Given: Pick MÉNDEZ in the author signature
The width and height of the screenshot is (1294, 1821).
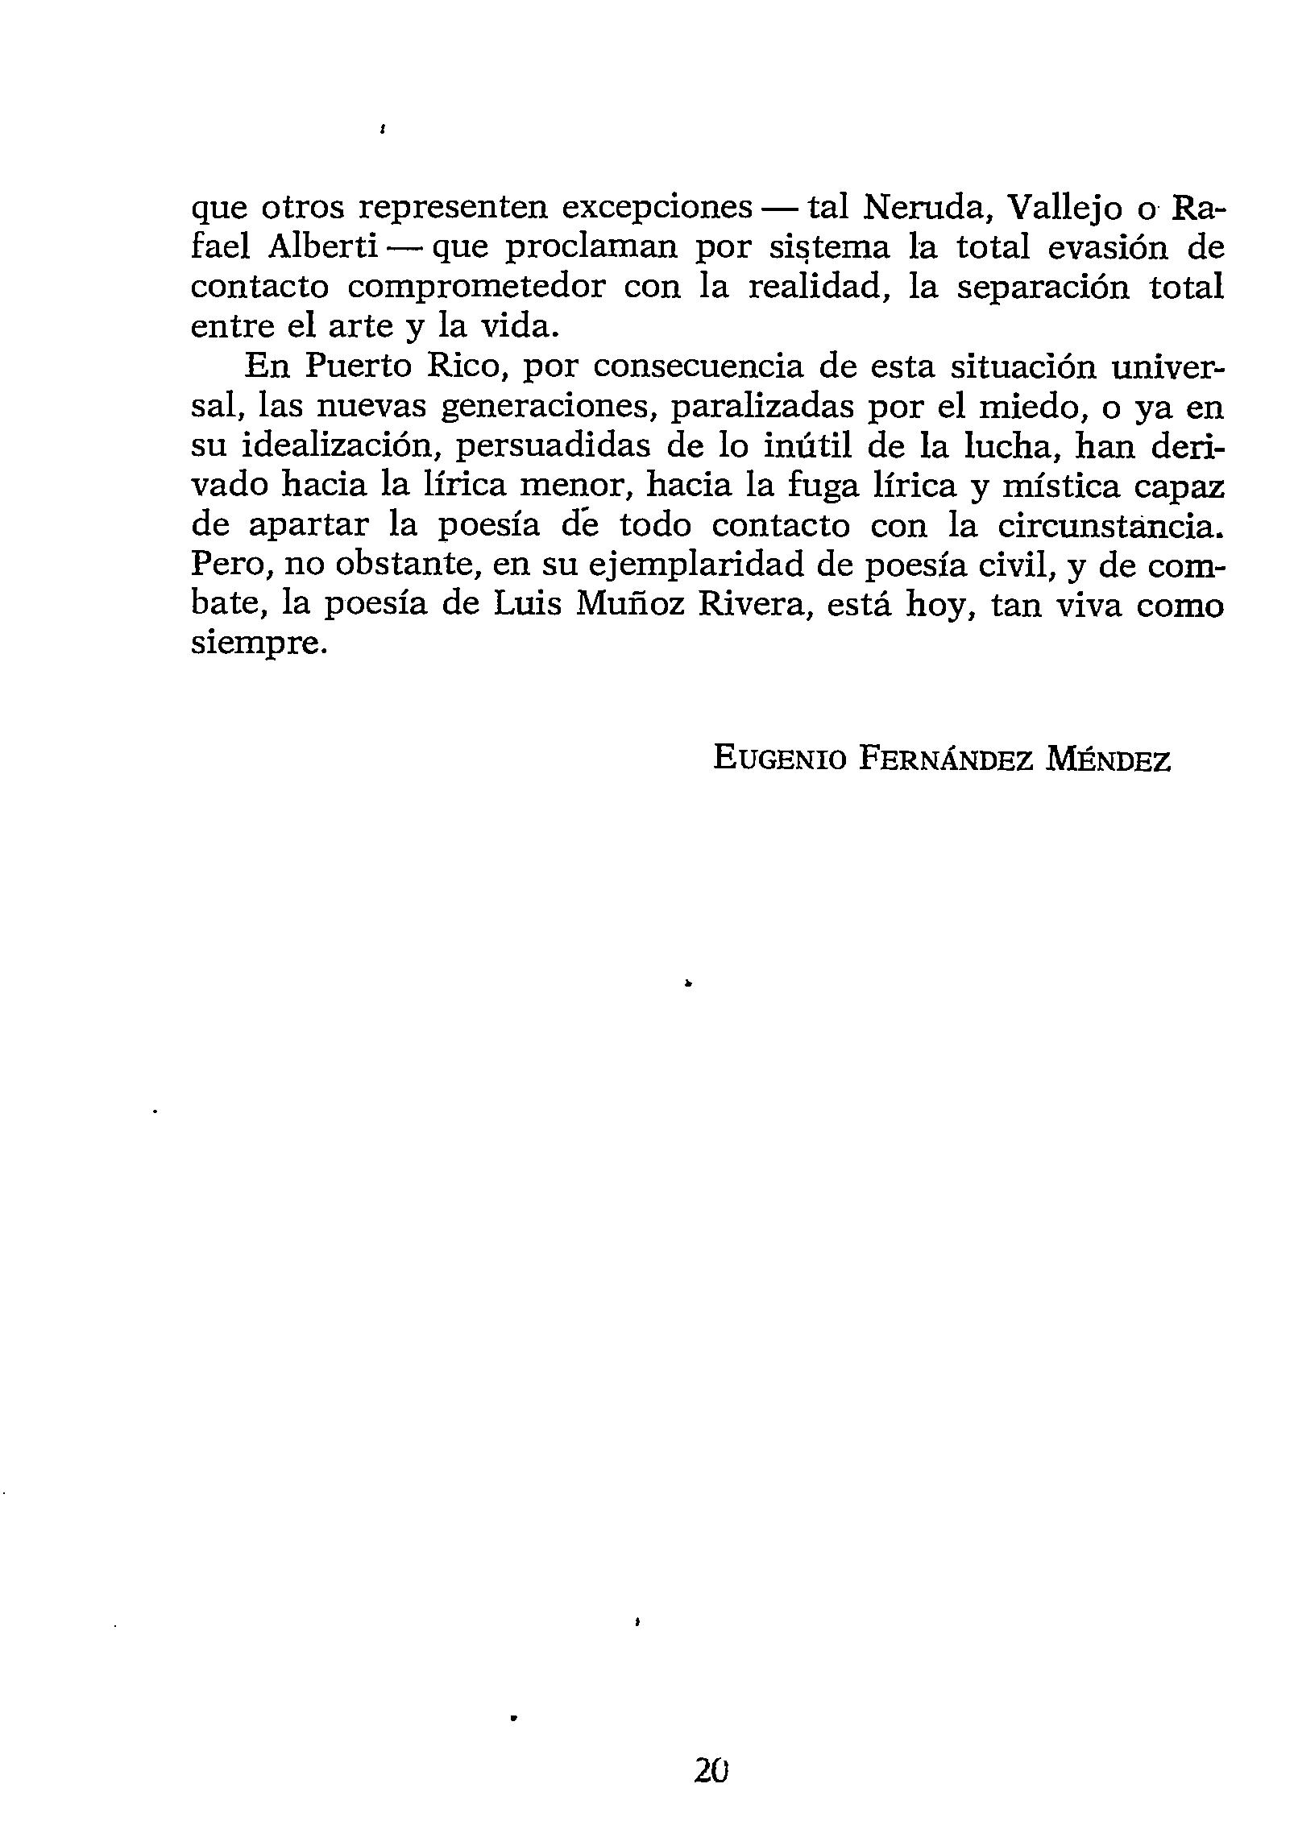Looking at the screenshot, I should (1107, 759).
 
